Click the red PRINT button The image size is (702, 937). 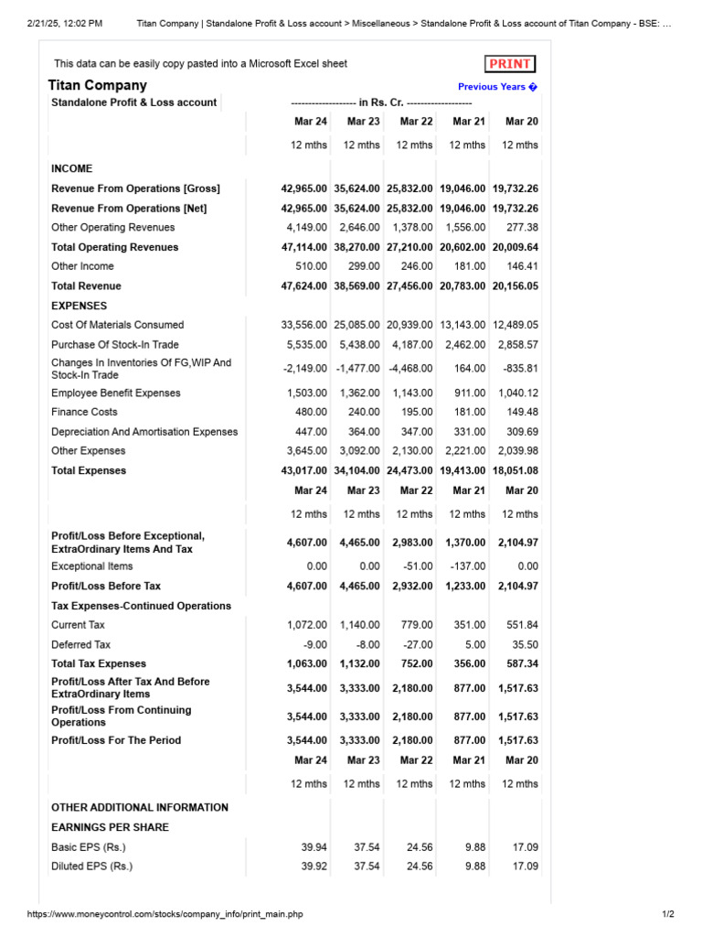(x=509, y=64)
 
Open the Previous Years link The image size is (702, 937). (x=497, y=87)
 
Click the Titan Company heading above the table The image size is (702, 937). (x=97, y=85)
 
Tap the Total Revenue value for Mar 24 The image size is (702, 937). (x=303, y=286)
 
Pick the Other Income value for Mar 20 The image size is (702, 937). (x=518, y=266)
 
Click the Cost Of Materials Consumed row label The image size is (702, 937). (x=117, y=325)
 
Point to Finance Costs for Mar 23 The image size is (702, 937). (x=363, y=412)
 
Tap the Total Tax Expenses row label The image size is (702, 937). (x=99, y=663)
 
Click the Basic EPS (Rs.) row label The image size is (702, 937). (x=89, y=847)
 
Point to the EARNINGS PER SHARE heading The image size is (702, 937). (x=110, y=827)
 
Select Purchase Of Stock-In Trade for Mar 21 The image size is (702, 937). (x=467, y=344)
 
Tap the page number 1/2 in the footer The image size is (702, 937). (x=666, y=914)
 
